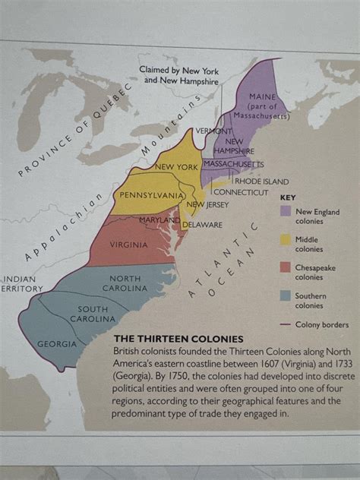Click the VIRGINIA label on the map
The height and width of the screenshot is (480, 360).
(x=128, y=245)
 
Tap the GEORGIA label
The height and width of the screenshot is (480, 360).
(x=57, y=344)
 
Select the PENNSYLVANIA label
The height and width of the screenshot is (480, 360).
(x=151, y=195)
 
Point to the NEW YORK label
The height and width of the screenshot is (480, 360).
(x=176, y=166)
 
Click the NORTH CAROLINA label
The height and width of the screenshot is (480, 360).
(x=125, y=283)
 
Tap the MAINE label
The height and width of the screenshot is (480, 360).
(x=262, y=97)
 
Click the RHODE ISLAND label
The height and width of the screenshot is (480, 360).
(x=261, y=182)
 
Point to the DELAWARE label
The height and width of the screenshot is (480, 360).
(x=201, y=225)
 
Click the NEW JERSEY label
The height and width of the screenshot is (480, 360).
(x=207, y=204)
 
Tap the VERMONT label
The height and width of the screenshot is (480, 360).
(x=213, y=131)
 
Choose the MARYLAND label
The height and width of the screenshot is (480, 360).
(x=159, y=220)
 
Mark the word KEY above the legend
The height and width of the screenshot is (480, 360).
(x=289, y=196)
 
